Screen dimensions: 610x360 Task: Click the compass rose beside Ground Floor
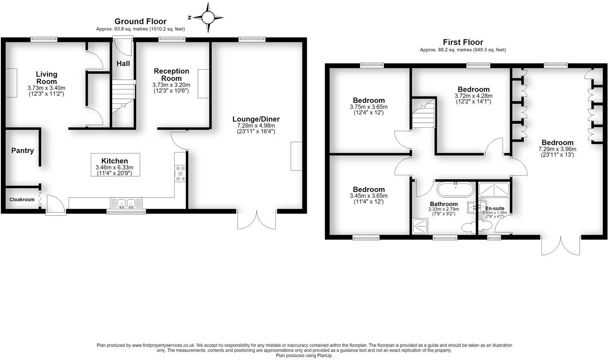pos(208,18)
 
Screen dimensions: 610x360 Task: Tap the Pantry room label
pos(23,151)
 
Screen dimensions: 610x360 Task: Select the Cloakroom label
pos(22,199)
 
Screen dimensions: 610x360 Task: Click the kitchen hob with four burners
pos(180,173)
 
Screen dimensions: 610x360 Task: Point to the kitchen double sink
pos(126,203)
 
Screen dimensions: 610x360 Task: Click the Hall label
pos(123,63)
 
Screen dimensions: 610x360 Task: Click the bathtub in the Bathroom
pos(455,189)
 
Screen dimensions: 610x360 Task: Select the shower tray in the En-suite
pos(494,190)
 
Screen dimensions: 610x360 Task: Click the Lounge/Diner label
pos(256,119)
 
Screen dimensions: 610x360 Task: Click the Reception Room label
pos(171,75)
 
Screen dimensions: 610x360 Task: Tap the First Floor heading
pos(463,42)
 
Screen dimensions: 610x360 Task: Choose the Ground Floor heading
pos(140,21)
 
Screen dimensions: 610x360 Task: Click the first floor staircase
pos(423,114)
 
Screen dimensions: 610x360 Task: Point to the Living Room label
pos(47,78)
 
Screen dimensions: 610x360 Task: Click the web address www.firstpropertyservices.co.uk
pos(163,345)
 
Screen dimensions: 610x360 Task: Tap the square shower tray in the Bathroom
pos(420,226)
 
